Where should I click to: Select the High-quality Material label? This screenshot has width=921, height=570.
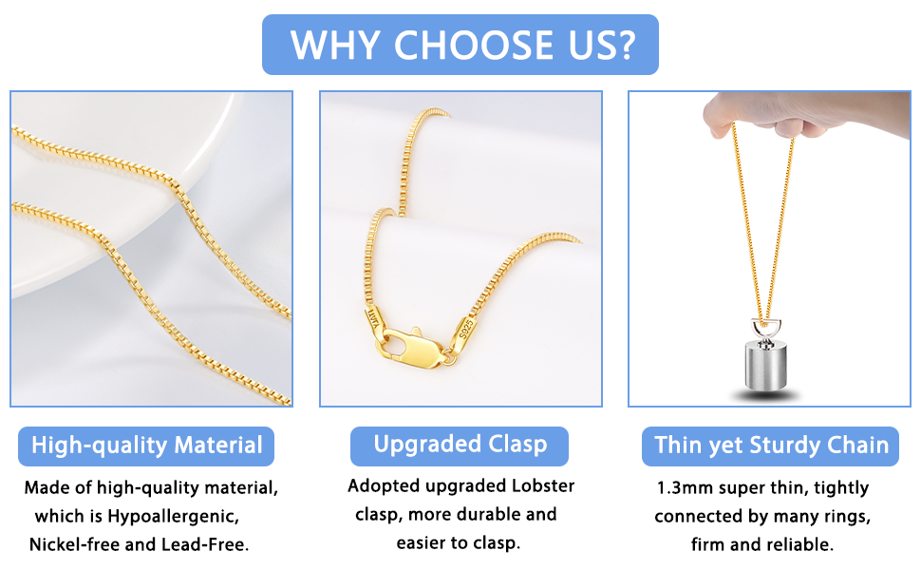147,446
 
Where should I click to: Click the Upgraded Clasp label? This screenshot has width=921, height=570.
460,445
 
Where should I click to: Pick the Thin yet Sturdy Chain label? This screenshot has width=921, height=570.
771,446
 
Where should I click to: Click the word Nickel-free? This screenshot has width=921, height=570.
74,545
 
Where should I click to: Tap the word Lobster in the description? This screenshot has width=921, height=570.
543,486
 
